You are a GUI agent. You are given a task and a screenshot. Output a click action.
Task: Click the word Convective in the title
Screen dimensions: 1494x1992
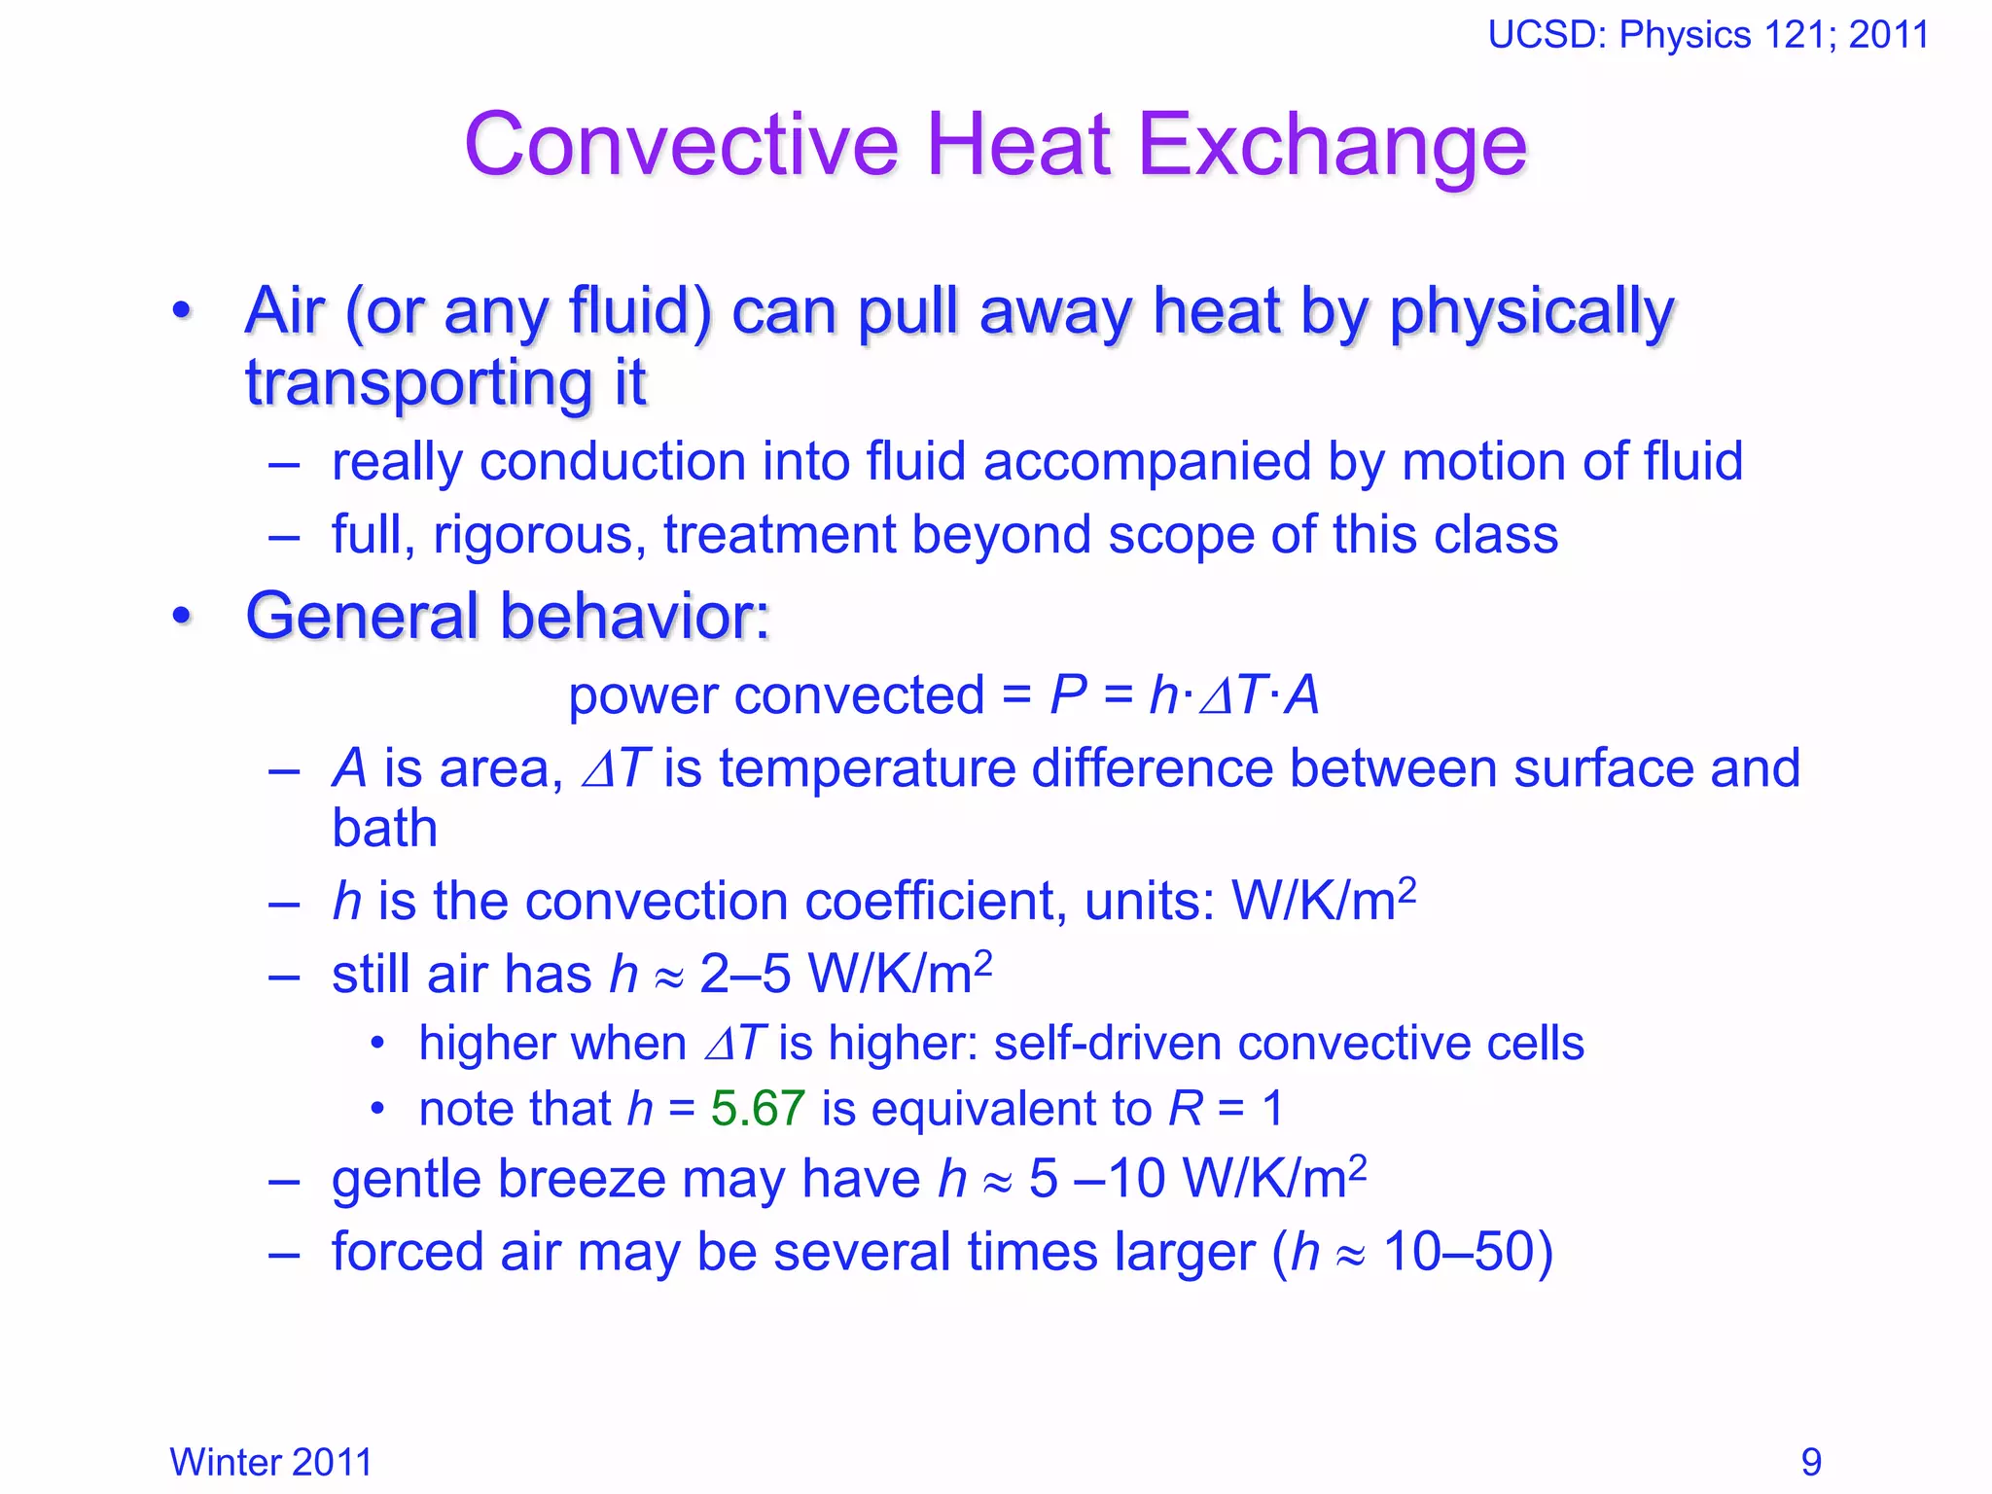coord(681,146)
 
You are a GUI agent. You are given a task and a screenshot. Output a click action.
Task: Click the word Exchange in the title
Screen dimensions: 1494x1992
coord(1332,146)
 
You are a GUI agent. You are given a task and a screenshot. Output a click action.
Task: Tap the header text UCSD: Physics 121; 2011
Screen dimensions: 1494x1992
coord(1708,35)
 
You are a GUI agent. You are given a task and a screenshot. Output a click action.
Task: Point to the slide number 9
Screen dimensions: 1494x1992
coord(1811,1462)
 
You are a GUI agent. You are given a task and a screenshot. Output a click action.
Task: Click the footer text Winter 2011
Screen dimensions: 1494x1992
coord(270,1462)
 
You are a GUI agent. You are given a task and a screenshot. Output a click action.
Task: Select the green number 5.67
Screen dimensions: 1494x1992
coord(758,1108)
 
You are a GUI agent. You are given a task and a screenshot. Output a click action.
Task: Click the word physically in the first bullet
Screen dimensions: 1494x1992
coord(1532,313)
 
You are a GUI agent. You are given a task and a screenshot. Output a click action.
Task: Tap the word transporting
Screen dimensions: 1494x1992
coord(419,383)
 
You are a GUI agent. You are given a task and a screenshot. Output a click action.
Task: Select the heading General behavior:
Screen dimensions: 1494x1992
coord(507,616)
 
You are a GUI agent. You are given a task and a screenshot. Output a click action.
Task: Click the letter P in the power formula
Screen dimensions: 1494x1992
coord(1068,695)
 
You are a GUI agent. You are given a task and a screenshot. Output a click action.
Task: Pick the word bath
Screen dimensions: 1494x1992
coord(384,828)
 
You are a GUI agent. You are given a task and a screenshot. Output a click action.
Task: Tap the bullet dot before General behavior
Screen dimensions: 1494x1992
coord(181,617)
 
